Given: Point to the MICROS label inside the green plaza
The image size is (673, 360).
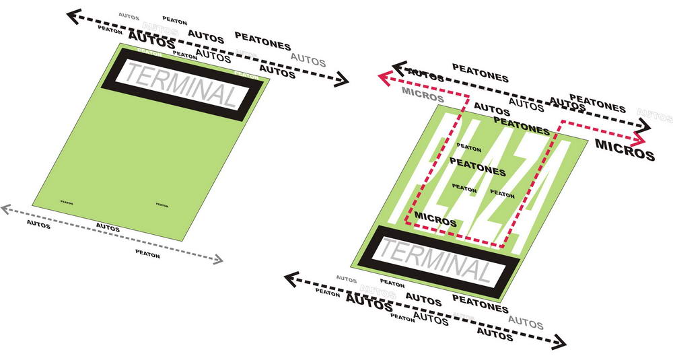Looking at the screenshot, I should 435,219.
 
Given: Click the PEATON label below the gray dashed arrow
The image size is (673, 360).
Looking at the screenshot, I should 147,254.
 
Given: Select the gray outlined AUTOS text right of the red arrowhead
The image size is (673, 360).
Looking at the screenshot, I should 654,116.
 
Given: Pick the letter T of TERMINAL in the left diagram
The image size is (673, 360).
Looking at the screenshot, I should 132,75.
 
